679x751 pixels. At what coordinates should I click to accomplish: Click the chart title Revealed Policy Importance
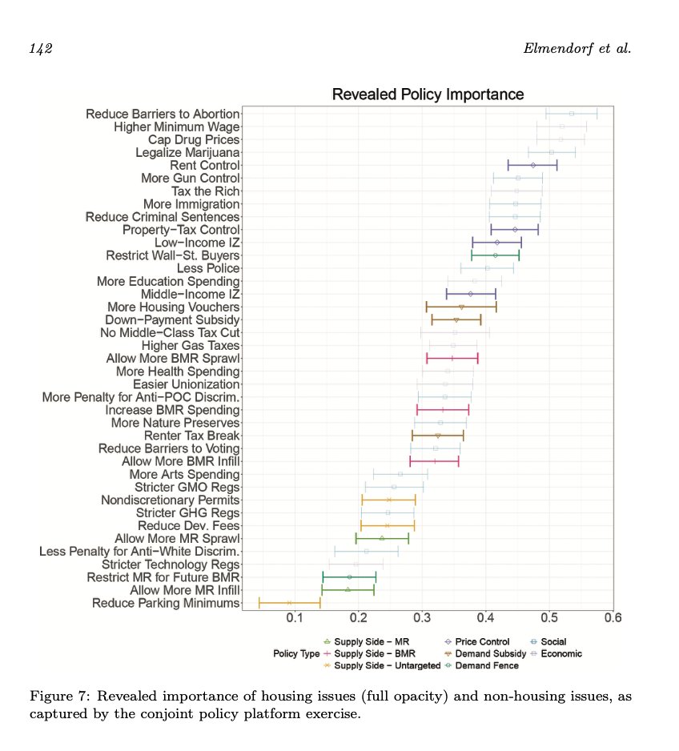(x=428, y=94)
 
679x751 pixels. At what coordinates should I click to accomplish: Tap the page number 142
(x=41, y=50)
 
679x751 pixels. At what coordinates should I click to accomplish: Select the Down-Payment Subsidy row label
(x=173, y=319)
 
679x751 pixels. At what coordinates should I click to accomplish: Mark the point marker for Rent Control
(x=533, y=165)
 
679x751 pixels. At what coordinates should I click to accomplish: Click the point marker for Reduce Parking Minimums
(x=289, y=603)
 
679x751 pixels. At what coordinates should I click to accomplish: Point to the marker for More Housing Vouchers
(x=461, y=307)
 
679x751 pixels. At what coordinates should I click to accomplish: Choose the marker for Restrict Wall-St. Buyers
(x=496, y=255)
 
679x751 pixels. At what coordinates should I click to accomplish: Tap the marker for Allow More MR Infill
(x=348, y=589)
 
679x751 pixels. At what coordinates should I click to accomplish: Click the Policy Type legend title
(x=296, y=653)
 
